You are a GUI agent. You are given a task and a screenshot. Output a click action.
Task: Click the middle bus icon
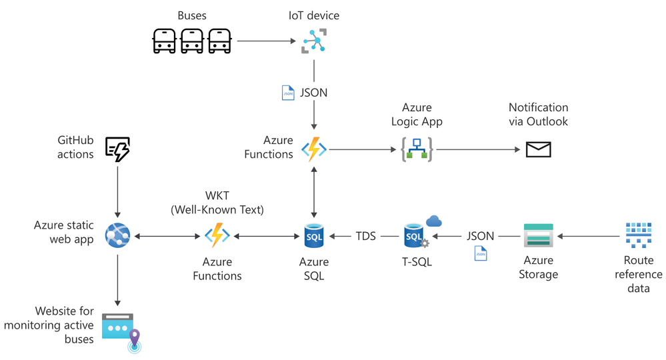[192, 41]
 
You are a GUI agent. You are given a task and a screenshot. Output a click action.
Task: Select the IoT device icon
[313, 41]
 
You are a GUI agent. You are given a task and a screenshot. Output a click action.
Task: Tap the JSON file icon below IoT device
[288, 93]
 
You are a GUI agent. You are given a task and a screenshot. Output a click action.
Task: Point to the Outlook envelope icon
[538, 149]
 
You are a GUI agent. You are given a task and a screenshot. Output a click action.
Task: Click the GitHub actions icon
[118, 149]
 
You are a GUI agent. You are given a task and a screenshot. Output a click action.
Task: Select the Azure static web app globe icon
[118, 235]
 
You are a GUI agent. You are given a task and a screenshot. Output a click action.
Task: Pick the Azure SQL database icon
[313, 236]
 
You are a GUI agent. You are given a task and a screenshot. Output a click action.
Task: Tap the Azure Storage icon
[538, 236]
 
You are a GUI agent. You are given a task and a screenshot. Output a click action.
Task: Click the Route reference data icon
[638, 235]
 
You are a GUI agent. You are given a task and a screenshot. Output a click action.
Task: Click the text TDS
[365, 236]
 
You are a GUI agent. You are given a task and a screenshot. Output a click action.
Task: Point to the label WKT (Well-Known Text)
[217, 203]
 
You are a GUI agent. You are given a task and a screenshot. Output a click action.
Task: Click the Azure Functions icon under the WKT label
[217, 236]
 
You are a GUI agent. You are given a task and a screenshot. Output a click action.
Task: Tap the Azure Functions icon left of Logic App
[313, 149]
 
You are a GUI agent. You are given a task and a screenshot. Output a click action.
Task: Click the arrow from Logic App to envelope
[477, 149]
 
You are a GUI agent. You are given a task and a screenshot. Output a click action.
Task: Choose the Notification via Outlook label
[538, 114]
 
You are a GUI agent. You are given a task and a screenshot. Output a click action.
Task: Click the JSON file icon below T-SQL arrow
[481, 253]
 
